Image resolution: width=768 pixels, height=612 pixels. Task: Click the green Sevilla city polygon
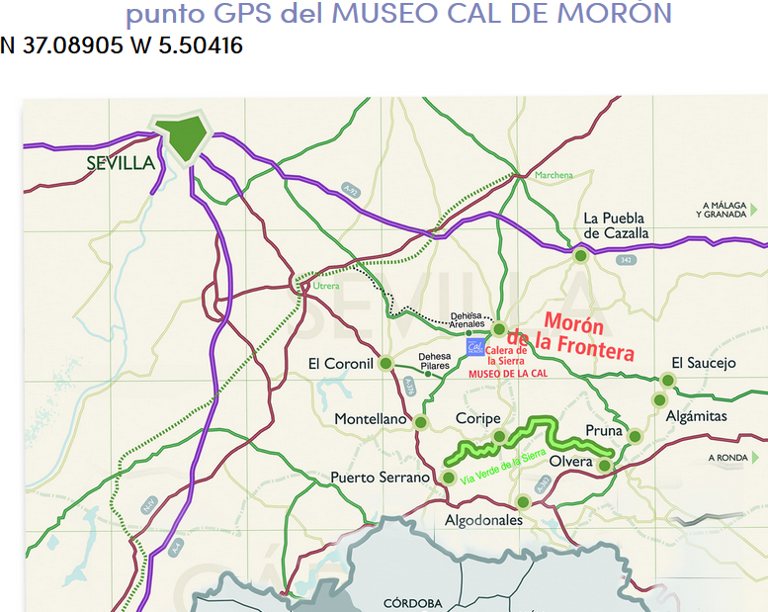pos(184,136)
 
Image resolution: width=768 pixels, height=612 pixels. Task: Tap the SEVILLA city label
pos(121,163)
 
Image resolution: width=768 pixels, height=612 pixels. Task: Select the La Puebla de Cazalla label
pos(615,225)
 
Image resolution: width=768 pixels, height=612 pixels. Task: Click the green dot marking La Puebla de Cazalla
pos(580,255)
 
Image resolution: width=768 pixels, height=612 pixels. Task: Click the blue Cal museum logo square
pos(475,348)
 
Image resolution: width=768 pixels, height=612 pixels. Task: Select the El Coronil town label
pos(341,364)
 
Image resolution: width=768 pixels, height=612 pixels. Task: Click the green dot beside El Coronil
pos(385,363)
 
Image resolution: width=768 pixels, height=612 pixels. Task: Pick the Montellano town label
pos(371,419)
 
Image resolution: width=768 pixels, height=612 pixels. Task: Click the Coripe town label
pos(477,419)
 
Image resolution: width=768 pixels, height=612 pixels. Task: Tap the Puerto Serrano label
pos(381,478)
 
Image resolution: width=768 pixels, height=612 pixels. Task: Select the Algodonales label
pos(482,520)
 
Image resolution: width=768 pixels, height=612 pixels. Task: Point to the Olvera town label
pos(570,462)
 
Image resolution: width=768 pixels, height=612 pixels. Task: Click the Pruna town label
pos(604,432)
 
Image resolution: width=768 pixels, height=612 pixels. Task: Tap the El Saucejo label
pos(704,363)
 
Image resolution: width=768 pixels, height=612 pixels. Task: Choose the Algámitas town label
pos(696,416)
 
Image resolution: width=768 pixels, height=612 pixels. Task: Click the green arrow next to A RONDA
pos(755,458)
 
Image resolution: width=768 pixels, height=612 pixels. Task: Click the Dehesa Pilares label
pos(434,361)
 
